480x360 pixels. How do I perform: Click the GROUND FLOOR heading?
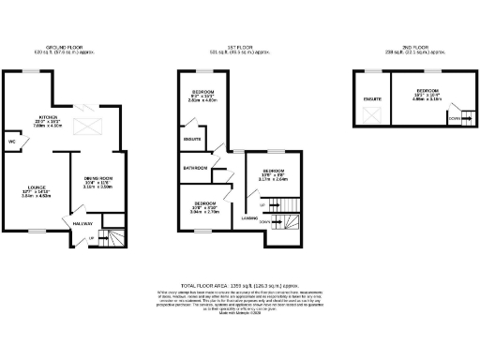(65, 44)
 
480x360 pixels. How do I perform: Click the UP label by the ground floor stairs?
(91, 241)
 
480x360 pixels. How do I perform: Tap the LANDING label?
(249, 218)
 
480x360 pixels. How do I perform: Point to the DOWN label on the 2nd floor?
(454, 118)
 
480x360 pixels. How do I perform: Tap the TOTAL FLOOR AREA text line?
(240, 283)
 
